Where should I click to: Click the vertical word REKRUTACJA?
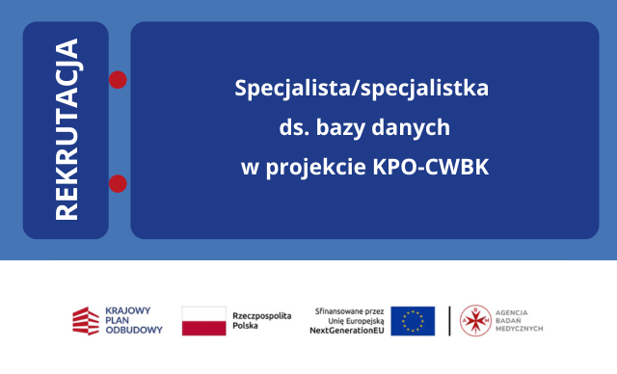(67, 130)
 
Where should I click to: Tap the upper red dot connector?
(119, 79)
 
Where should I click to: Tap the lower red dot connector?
(119, 183)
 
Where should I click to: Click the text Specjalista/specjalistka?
(362, 88)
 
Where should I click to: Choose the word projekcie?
(315, 166)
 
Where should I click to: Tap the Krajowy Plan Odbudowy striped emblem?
(85, 320)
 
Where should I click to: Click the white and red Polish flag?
(203, 320)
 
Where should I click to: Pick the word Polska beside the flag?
(246, 327)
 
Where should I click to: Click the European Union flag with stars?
(413, 320)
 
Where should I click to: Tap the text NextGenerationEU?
(346, 331)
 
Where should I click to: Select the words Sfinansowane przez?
(350, 309)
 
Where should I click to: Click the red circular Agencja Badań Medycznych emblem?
(474, 320)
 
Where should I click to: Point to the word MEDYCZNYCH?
(522, 331)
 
